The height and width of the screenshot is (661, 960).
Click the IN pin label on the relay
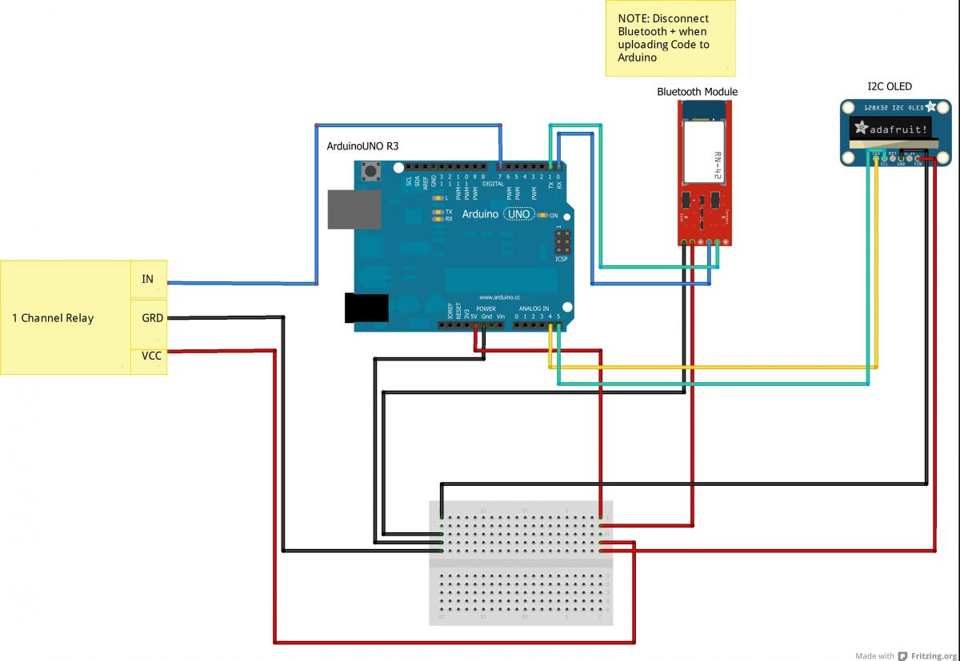click(148, 279)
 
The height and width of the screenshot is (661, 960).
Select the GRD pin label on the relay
click(152, 317)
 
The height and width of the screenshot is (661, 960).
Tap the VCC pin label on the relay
click(151, 356)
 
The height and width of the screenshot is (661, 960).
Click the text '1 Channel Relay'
click(53, 318)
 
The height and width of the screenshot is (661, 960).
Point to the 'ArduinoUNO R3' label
click(362, 147)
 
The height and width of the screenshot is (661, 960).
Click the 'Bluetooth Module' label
click(697, 92)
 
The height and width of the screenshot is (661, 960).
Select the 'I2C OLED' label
click(890, 86)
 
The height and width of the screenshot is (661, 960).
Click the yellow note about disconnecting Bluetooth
click(670, 38)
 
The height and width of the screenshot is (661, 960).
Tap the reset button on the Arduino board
click(370, 170)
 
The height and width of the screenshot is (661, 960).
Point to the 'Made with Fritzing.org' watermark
click(905, 655)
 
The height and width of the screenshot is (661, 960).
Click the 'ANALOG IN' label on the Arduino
click(534, 309)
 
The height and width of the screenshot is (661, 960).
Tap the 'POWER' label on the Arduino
click(486, 309)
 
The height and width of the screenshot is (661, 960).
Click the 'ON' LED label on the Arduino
click(553, 216)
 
